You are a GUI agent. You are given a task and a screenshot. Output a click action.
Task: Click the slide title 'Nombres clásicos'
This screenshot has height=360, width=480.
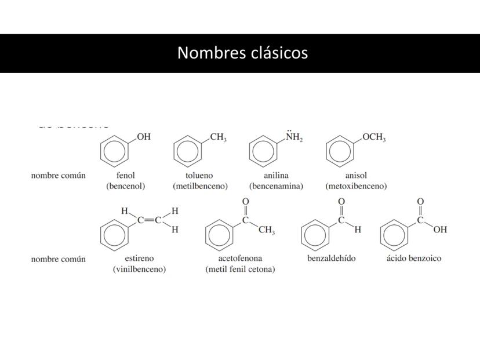(242, 53)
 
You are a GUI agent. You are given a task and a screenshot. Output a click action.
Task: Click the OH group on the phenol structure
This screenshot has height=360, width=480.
(144, 137)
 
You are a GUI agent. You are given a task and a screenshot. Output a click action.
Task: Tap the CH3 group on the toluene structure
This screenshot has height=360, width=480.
(218, 137)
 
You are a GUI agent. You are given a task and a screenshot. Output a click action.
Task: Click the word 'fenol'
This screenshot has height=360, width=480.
(125, 175)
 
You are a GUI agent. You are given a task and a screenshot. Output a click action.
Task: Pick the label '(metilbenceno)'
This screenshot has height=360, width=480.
(200, 186)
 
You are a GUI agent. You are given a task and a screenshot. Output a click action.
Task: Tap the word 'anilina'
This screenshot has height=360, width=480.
(276, 175)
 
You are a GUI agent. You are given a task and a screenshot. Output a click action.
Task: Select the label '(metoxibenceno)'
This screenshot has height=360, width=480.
(356, 186)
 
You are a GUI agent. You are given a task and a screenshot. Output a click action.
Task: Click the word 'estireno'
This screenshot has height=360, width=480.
(139, 258)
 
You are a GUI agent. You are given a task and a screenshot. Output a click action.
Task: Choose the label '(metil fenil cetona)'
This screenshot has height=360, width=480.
(240, 269)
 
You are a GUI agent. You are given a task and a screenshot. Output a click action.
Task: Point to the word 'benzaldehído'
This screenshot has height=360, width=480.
(331, 258)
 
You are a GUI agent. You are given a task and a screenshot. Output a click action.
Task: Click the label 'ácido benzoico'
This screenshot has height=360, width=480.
(413, 258)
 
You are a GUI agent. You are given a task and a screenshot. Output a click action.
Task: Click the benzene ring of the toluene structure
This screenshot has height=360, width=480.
(187, 151)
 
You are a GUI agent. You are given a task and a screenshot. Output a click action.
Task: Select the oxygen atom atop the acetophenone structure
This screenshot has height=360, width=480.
(245, 201)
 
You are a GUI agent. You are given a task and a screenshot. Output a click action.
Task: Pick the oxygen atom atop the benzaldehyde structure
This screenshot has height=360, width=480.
(341, 201)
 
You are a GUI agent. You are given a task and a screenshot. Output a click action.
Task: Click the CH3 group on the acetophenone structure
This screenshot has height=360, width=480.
(267, 231)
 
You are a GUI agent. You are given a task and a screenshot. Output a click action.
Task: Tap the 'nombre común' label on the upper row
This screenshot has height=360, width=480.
(58, 175)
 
